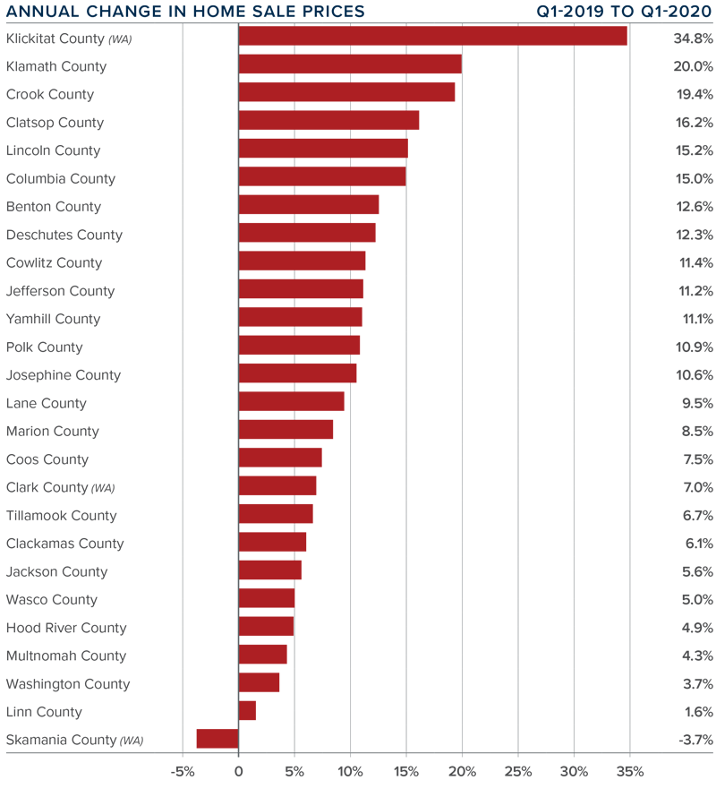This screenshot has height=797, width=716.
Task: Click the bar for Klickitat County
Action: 432,37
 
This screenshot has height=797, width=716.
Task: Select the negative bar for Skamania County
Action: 217,739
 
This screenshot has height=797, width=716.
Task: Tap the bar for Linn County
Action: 247,711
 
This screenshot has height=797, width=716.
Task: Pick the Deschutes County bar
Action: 307,233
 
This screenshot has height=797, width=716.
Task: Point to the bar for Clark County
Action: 277,486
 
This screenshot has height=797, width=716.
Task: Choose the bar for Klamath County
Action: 350,64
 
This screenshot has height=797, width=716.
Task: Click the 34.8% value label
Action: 694,39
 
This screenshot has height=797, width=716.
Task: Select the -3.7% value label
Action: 694,741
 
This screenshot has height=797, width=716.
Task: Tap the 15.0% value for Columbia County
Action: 694,179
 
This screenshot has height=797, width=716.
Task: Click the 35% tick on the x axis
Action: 630,772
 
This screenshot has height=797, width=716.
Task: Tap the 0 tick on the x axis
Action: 239,772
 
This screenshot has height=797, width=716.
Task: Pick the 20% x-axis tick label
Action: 462,772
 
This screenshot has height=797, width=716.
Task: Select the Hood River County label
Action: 66,628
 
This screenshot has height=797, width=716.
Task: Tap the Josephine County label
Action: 64,375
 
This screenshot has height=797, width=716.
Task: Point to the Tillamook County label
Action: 62,516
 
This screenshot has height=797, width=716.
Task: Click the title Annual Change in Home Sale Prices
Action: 185,12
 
